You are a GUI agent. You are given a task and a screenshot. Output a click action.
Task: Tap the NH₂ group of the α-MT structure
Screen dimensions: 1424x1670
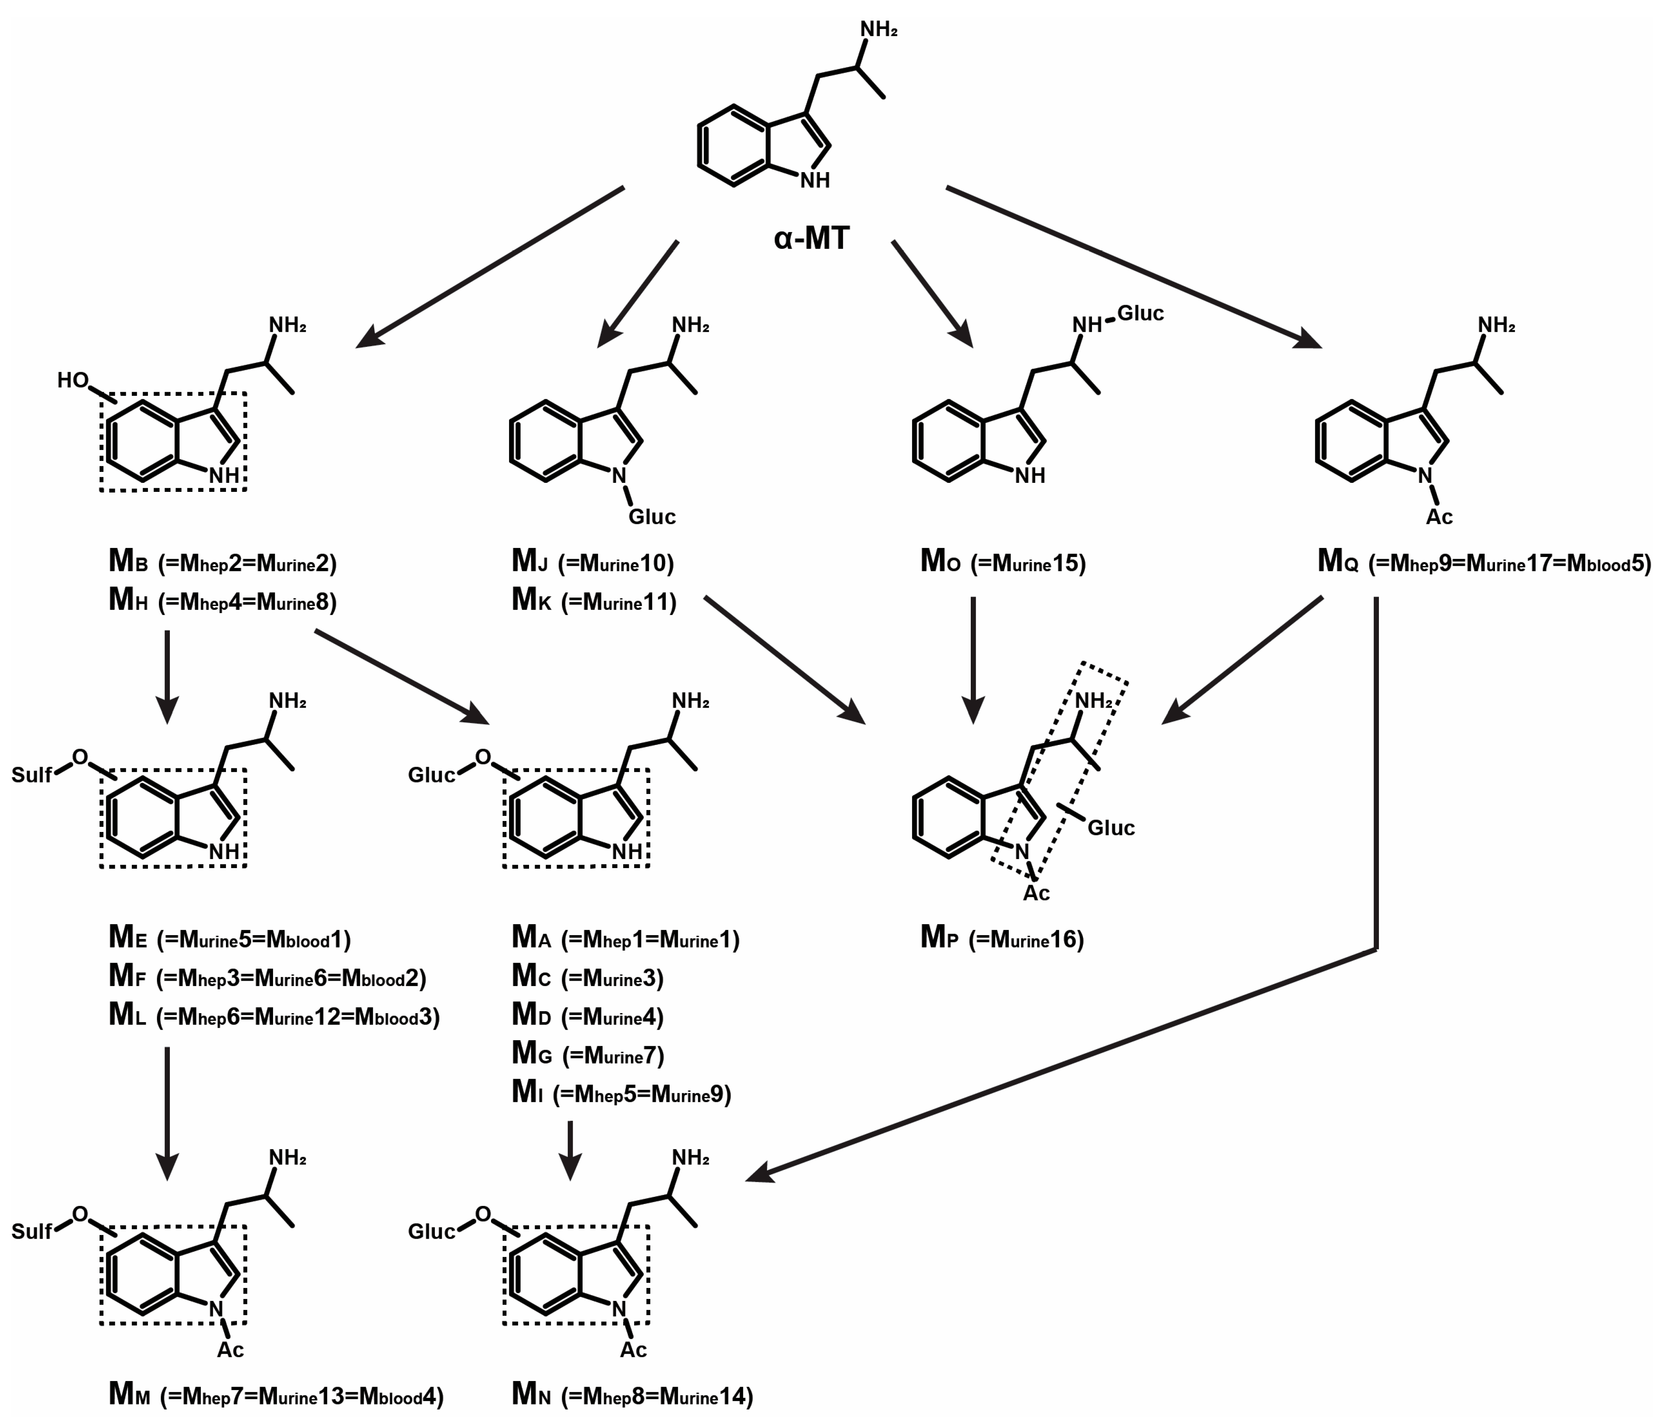[878, 30]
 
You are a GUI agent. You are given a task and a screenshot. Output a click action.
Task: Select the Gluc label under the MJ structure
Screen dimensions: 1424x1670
[652, 517]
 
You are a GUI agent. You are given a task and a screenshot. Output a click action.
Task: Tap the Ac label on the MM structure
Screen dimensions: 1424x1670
[230, 1350]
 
